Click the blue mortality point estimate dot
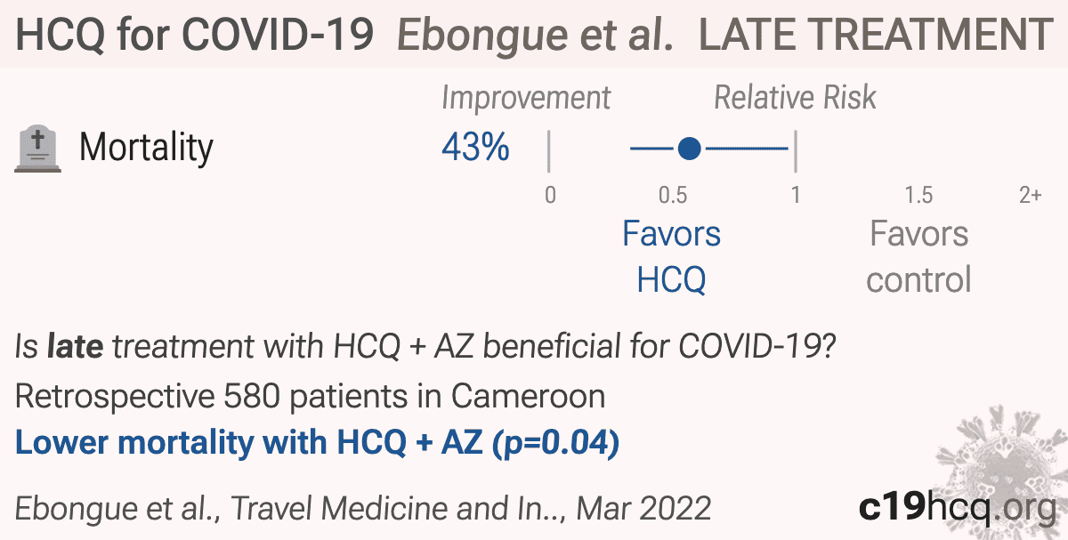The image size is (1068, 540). click(690, 149)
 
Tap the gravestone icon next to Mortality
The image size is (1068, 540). click(37, 149)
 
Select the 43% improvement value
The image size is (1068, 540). click(475, 147)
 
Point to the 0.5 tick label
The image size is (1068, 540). click(673, 195)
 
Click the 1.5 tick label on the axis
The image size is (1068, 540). click(918, 195)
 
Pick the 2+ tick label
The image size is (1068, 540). click(1031, 195)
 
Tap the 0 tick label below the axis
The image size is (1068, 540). click(550, 195)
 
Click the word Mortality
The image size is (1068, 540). click(146, 148)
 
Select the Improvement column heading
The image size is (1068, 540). click(526, 98)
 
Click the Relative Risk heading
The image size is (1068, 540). click(795, 97)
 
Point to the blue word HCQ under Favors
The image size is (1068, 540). click(671, 279)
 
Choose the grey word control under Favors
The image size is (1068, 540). click(918, 279)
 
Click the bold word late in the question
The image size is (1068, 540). click(75, 345)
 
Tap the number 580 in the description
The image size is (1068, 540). click(252, 396)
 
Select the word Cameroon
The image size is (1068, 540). click(528, 396)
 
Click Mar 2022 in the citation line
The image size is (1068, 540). click(643, 508)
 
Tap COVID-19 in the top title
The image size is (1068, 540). click(278, 35)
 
